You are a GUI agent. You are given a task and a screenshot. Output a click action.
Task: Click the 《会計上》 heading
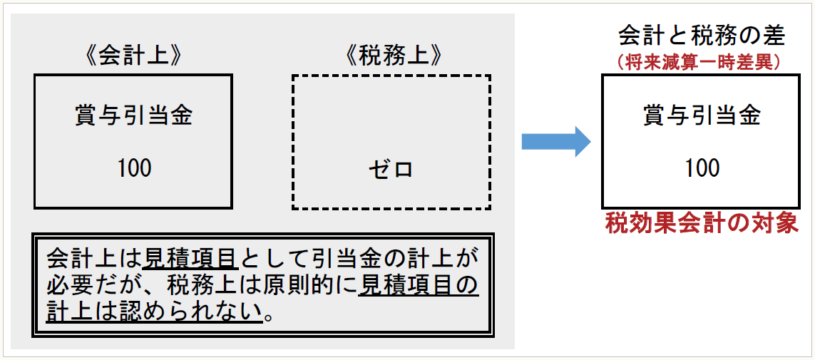coord(133,57)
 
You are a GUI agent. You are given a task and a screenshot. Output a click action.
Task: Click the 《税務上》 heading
coord(393,57)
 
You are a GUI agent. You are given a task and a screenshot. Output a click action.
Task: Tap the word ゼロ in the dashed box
coord(391,170)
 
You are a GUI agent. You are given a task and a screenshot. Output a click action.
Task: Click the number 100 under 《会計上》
coord(134,168)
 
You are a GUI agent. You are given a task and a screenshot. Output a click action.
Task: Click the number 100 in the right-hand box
coord(702,168)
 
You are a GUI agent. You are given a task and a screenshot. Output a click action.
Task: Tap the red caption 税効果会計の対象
coord(702,224)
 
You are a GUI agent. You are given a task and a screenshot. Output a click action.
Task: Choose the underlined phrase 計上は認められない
coord(154,312)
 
